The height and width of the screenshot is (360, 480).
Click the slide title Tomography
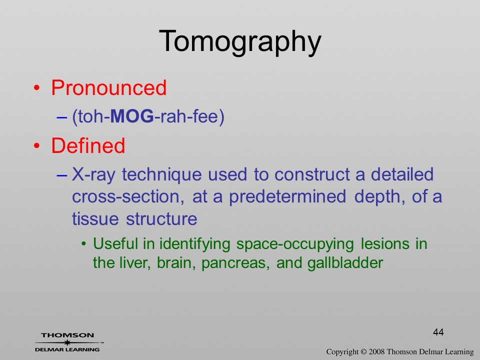coord(240,42)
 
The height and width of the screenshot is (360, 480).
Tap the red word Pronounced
coord(108,87)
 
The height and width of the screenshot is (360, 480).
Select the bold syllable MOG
coord(131,116)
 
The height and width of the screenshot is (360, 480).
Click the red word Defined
coord(88,145)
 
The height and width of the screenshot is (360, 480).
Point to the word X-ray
coord(93,175)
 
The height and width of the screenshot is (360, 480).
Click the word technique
coord(161,175)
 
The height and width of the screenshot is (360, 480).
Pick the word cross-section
coord(128,196)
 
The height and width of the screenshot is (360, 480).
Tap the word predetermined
coord(287,197)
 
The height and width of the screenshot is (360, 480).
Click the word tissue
coord(95,219)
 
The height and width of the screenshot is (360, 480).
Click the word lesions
coord(385,244)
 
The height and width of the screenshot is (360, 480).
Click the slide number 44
coord(438,332)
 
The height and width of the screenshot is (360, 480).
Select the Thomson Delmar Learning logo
coord(68,342)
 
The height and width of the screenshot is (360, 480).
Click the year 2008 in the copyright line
coord(376,352)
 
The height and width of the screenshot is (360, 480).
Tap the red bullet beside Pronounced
coord(36,88)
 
